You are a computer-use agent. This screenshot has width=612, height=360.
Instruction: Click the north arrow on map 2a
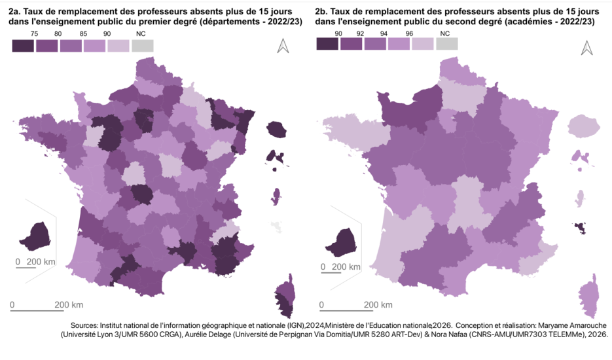(x=283, y=46)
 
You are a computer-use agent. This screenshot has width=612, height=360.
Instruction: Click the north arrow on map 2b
(x=587, y=48)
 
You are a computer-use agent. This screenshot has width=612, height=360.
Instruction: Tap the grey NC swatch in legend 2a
(x=142, y=46)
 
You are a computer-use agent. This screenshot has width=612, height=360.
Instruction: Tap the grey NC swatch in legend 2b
(x=446, y=44)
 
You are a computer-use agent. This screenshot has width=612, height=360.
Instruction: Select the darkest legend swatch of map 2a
(x=23, y=46)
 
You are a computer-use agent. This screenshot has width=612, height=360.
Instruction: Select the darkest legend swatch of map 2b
(x=327, y=44)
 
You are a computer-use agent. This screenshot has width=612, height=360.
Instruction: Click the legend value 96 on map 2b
(x=410, y=33)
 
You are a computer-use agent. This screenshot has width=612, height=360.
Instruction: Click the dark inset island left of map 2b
(x=343, y=242)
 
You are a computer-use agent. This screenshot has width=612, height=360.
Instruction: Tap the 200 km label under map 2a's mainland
(x=68, y=305)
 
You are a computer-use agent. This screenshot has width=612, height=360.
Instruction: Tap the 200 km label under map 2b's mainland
(x=378, y=305)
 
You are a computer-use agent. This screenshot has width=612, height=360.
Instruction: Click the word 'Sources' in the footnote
(x=82, y=325)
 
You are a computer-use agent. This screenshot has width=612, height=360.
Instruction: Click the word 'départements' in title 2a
(x=228, y=22)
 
